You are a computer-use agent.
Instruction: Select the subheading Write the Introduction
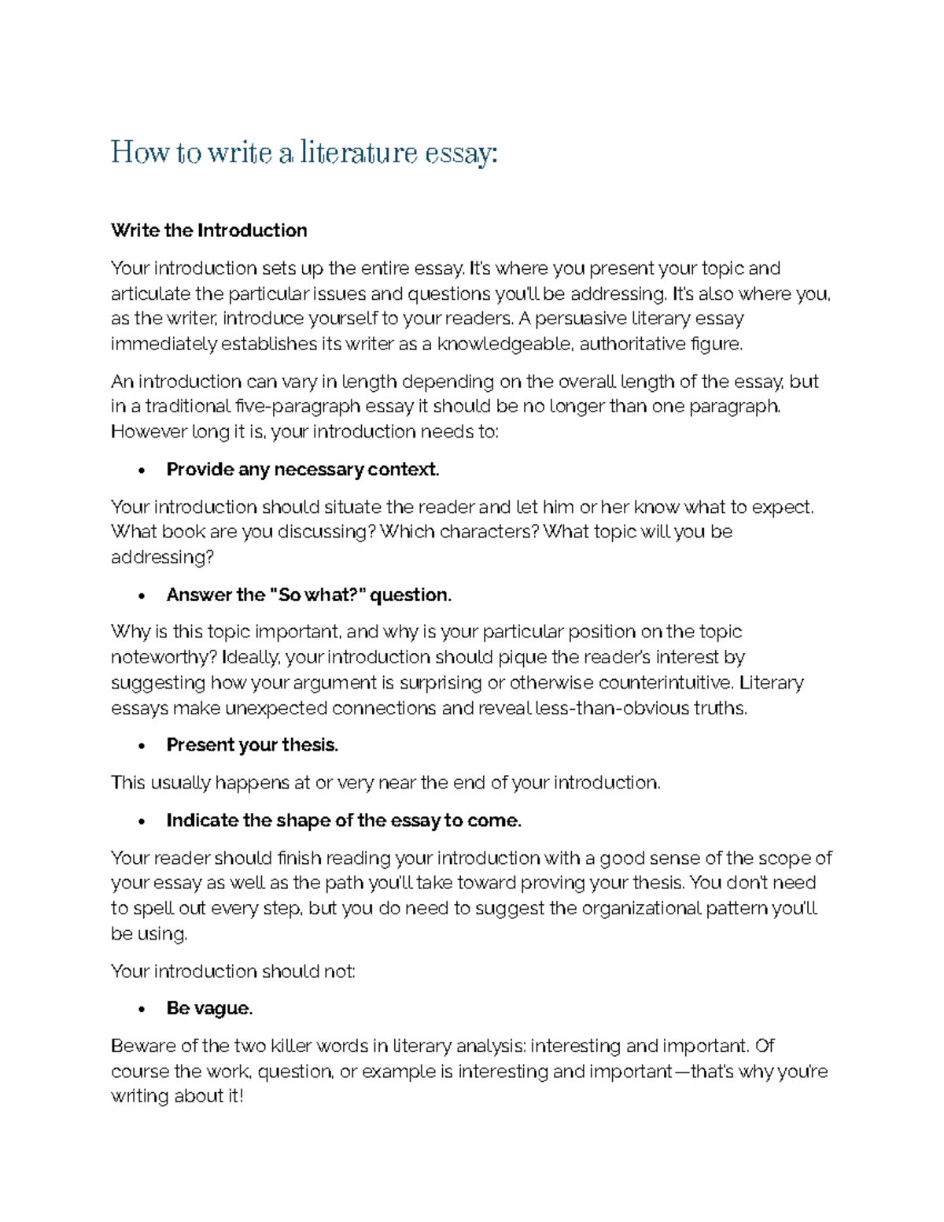click(x=208, y=231)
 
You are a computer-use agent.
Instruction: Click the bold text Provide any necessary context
click(x=302, y=470)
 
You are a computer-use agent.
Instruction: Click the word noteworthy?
click(x=164, y=657)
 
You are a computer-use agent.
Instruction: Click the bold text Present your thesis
click(x=252, y=745)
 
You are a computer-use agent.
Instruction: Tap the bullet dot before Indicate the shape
click(x=142, y=821)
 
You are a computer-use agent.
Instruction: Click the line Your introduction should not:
click(x=233, y=971)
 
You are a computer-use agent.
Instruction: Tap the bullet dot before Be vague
click(x=142, y=1010)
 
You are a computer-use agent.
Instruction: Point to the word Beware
click(x=143, y=1047)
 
